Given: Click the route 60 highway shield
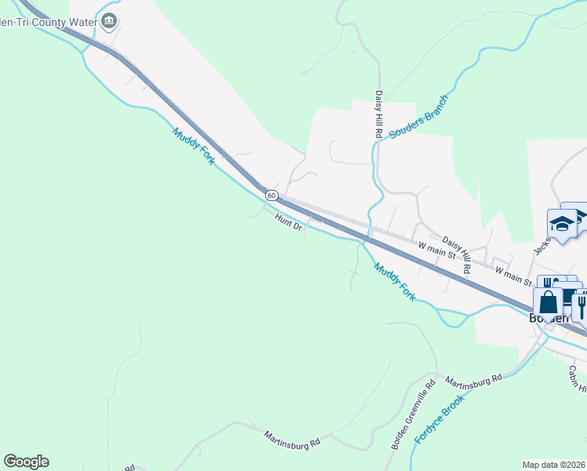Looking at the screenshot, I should [272, 194].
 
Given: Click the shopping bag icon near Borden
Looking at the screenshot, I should [548, 302].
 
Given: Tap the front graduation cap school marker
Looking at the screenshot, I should [562, 224].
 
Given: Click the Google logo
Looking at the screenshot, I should [26, 462].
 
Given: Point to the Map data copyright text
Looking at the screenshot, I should [554, 464].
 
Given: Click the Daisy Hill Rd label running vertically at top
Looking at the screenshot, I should [377, 115].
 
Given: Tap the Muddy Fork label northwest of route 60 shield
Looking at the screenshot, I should [193, 146].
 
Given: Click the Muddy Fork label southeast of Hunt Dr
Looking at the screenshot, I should [394, 281].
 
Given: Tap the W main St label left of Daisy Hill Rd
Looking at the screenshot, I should [437, 250].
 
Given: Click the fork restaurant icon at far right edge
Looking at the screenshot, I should [582, 305].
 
